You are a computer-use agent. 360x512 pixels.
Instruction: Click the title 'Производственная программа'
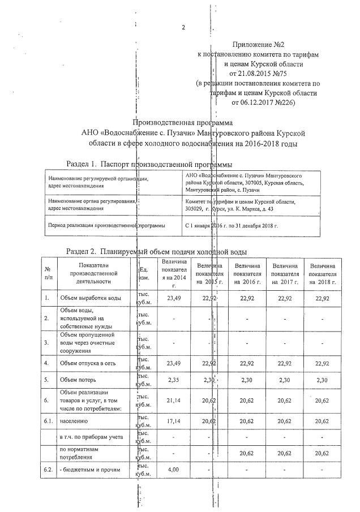[x=182, y=122]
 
